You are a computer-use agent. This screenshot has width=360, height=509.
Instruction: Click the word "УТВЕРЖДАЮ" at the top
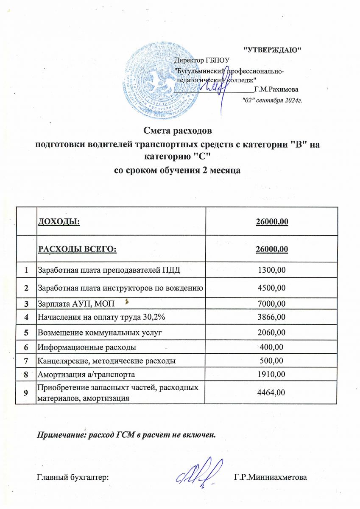[x=272, y=50]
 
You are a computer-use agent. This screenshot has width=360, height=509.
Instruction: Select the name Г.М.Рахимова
[x=275, y=90]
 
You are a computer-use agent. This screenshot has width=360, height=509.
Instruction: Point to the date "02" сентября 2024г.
[x=271, y=101]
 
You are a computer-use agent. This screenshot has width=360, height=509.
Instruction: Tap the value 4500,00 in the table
[x=272, y=288]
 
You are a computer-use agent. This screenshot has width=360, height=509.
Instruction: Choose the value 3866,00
[x=272, y=317]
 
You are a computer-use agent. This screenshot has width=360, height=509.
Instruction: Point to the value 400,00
[x=272, y=347]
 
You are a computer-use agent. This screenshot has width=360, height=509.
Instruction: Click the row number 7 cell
[x=26, y=361]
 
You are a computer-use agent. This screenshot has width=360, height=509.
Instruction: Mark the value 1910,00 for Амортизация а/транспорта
[x=272, y=374]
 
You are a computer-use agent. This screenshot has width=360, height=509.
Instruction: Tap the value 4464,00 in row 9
[x=272, y=393]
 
